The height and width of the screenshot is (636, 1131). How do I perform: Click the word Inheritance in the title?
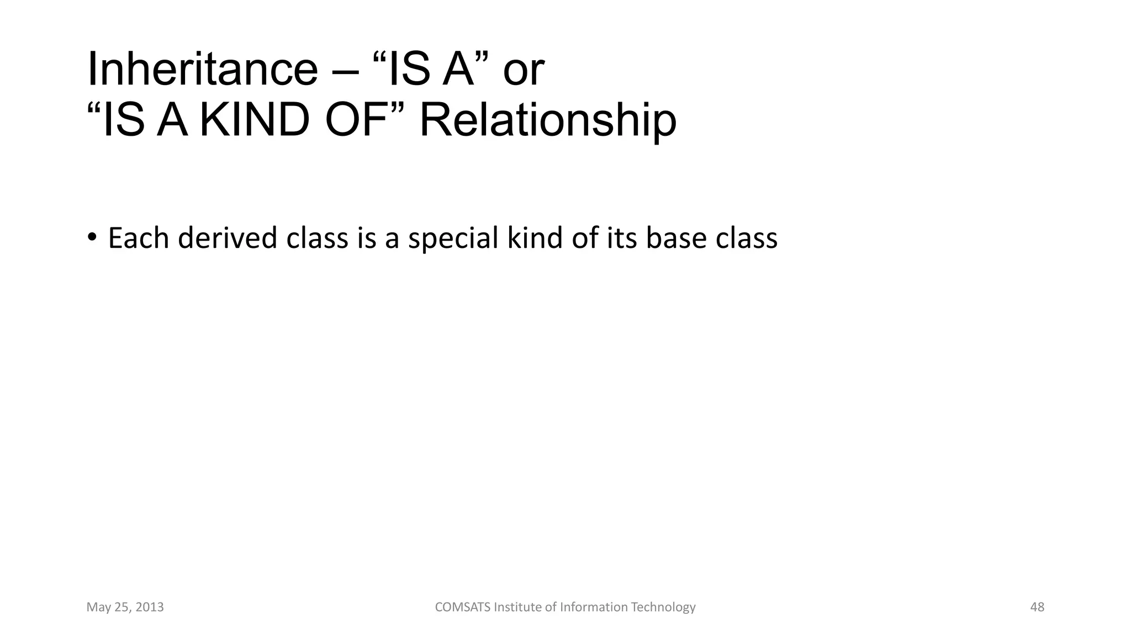click(202, 69)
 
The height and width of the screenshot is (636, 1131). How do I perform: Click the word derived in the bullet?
click(227, 238)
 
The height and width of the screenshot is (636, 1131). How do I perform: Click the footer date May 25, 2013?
click(125, 607)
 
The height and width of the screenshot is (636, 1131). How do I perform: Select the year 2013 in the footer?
click(150, 607)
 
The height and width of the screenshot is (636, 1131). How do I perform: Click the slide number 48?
click(1037, 607)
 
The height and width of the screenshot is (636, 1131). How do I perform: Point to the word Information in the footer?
click(594, 607)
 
